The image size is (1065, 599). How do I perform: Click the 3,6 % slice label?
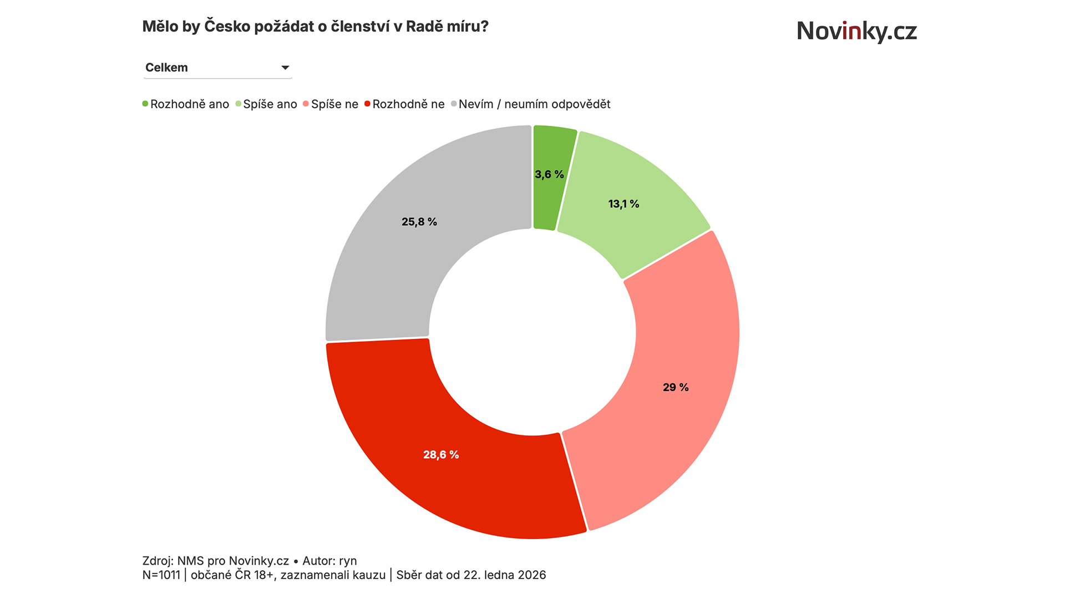[549, 175]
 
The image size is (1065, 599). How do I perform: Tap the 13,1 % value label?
[623, 204]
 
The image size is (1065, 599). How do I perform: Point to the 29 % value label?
[676, 388]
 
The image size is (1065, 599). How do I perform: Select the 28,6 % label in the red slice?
[441, 455]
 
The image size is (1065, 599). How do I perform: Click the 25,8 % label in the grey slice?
[419, 222]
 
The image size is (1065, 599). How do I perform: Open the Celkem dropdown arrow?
[285, 68]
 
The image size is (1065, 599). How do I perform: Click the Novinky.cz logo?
[856, 31]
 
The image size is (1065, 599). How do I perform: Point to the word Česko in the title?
[227, 27]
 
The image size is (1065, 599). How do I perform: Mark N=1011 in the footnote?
[161, 575]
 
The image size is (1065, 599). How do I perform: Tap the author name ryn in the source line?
[348, 561]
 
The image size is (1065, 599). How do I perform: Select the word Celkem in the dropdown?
[166, 68]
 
